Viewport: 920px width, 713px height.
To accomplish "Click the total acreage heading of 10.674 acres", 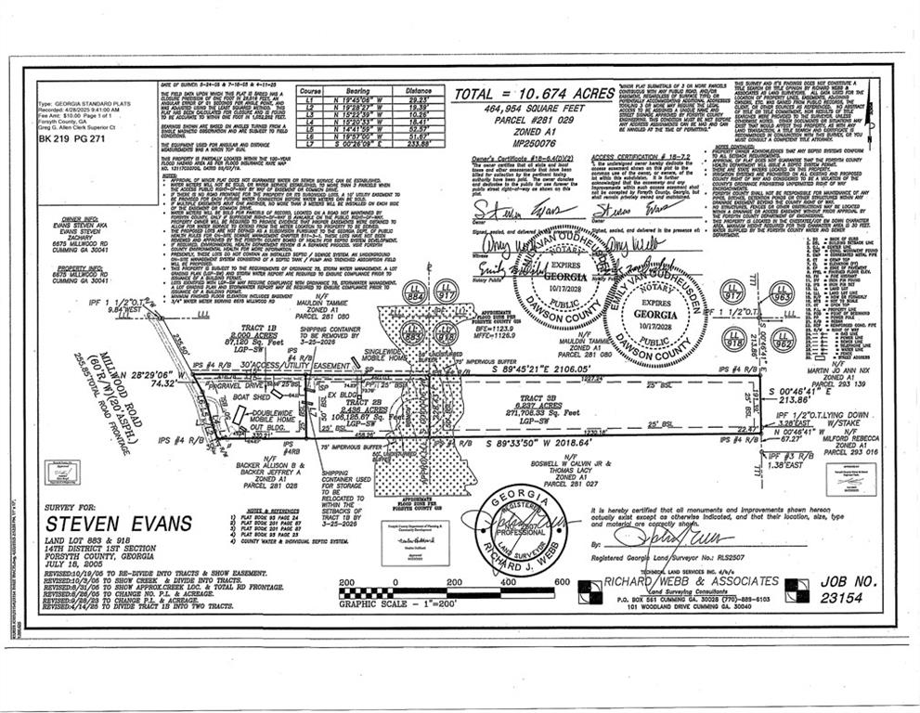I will click(x=533, y=95).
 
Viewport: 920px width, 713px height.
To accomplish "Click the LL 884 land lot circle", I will click(x=414, y=294).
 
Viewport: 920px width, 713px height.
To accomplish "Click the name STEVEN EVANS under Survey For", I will click(x=118, y=523).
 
